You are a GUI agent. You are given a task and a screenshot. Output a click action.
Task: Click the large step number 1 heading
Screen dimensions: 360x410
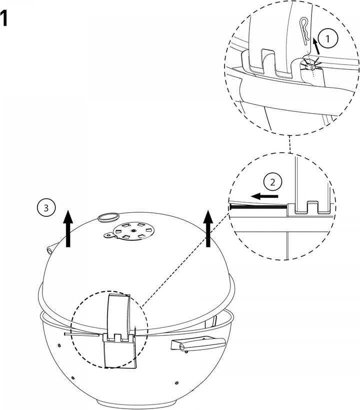tap(3, 19)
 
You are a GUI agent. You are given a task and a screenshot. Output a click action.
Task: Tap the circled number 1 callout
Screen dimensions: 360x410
tap(328, 39)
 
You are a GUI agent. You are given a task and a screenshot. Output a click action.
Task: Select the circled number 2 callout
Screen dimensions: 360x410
tap(272, 182)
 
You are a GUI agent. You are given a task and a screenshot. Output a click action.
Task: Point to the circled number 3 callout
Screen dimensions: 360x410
tap(46, 208)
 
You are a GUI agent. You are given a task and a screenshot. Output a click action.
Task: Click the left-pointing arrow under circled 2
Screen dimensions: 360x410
tap(264, 196)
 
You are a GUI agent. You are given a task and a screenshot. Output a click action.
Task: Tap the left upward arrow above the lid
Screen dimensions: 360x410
tap(68, 228)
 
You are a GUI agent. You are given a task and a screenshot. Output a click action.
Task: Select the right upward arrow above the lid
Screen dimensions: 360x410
tap(208, 228)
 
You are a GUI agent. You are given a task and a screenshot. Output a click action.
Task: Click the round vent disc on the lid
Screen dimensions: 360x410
tap(133, 230)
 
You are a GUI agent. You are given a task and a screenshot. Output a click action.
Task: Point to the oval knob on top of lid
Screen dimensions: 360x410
tap(108, 217)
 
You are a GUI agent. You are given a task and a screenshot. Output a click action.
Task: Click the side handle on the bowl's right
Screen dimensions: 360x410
tap(198, 344)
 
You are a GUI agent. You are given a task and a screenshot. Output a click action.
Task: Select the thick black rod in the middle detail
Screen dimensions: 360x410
tap(258, 206)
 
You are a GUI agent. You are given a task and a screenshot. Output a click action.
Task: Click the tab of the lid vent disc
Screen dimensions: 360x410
tap(109, 235)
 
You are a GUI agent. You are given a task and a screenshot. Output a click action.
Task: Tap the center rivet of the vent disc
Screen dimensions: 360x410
tap(133, 231)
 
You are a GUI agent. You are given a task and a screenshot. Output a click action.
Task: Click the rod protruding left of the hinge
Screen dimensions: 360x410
tap(81, 334)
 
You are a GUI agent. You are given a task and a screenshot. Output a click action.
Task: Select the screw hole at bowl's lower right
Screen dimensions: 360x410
tap(177, 383)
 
